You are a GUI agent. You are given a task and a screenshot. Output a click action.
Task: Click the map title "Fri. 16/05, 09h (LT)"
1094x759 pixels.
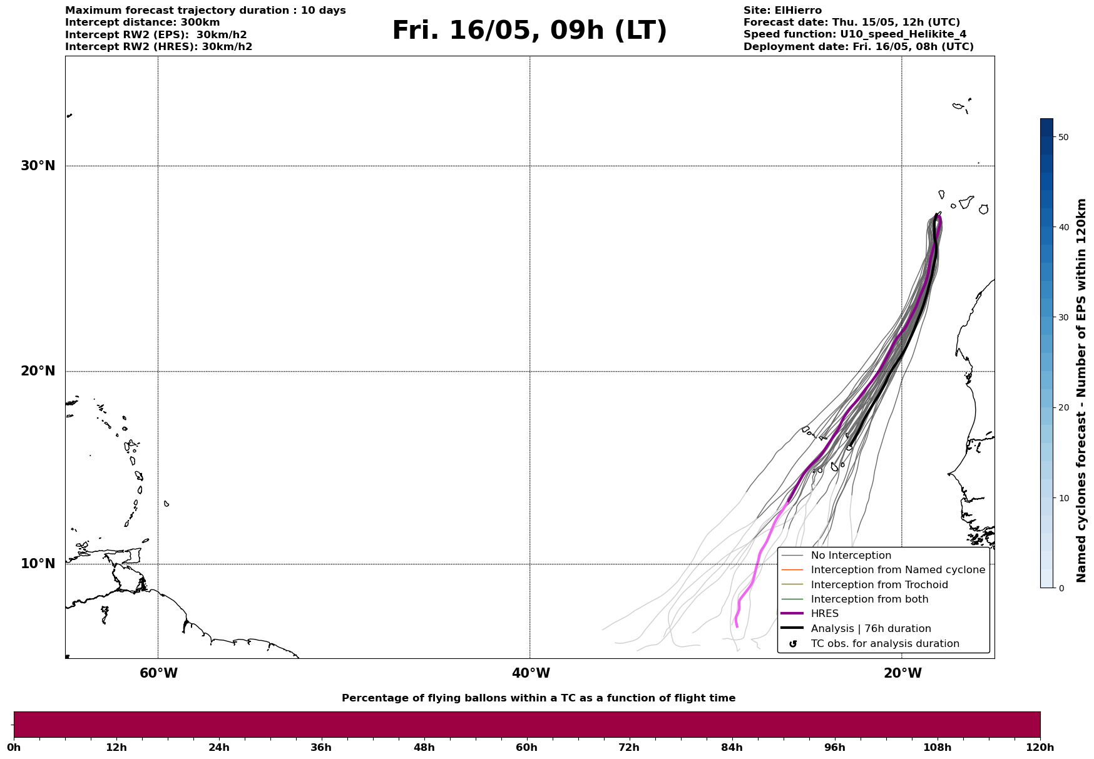point(529,31)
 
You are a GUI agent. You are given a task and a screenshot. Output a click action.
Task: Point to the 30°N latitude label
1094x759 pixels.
point(38,166)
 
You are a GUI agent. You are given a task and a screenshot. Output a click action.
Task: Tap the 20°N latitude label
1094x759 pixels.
point(38,371)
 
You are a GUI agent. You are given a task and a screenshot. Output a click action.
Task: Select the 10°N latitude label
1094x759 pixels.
point(38,564)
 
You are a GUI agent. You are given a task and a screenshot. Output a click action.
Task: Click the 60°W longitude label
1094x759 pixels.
point(158,673)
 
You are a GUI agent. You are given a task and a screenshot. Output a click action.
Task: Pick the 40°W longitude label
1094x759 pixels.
point(531,673)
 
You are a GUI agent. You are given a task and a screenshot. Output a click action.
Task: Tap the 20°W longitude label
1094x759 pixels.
point(902,673)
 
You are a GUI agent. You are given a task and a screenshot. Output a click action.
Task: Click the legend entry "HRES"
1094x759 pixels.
point(824,614)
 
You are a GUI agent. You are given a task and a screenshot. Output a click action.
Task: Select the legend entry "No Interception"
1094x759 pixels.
point(851,556)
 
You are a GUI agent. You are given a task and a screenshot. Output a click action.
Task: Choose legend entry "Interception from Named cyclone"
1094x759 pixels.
point(897,570)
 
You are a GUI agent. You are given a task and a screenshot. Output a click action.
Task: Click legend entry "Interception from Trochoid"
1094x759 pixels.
point(879,585)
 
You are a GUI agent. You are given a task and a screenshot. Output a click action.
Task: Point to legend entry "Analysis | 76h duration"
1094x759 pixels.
point(871,629)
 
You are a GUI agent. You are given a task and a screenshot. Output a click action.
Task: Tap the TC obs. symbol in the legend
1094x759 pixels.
point(793,644)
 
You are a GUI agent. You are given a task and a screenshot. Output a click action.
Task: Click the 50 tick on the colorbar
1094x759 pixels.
point(1063,137)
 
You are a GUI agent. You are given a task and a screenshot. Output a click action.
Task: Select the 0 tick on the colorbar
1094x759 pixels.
point(1060,588)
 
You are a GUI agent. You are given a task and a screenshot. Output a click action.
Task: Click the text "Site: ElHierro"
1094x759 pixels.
point(782,11)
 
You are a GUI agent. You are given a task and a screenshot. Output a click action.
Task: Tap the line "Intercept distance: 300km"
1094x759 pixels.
point(142,23)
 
